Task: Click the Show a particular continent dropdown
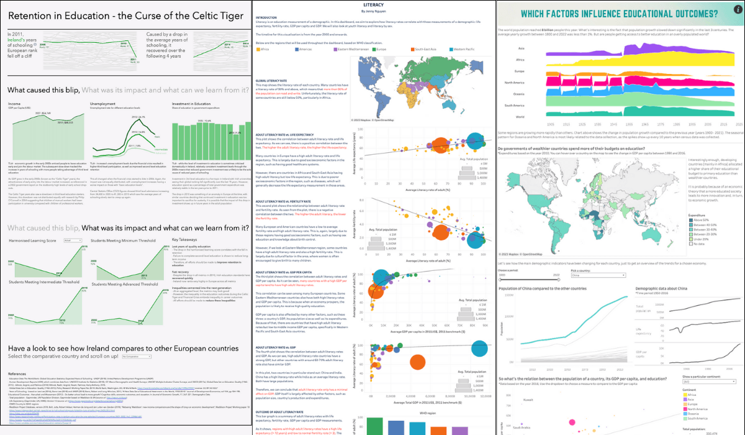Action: (708, 382)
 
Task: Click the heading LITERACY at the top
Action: (372, 4)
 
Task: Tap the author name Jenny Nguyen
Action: (372, 10)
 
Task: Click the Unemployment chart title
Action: (103, 104)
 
